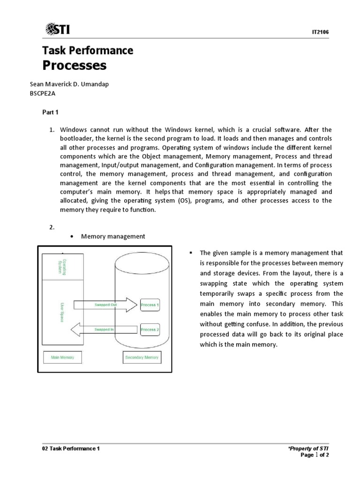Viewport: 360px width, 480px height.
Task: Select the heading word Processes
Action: (x=75, y=66)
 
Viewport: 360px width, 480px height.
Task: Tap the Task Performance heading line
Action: (x=88, y=50)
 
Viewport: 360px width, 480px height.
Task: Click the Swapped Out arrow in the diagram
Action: (x=106, y=305)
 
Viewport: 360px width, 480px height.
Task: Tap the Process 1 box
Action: (x=150, y=305)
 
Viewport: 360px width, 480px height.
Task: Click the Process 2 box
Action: (x=150, y=330)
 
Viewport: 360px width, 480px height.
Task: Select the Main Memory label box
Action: (x=62, y=357)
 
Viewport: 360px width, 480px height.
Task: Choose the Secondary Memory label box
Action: (x=142, y=357)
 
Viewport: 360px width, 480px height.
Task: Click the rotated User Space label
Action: (x=63, y=312)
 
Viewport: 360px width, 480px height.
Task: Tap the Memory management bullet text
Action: (x=113, y=236)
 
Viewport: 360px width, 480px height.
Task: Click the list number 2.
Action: (x=52, y=227)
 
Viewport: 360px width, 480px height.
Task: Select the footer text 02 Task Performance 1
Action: (x=71, y=448)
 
